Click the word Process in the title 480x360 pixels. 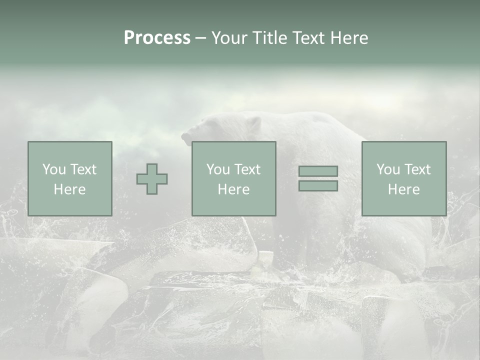(x=157, y=38)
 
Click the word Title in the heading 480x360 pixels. (x=269, y=38)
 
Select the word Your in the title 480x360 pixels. (x=229, y=38)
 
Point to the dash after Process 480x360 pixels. (x=201, y=38)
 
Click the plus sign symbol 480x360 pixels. (x=152, y=179)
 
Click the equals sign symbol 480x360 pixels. (x=318, y=178)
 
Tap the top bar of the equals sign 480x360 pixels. (x=318, y=171)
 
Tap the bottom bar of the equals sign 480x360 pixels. (x=318, y=185)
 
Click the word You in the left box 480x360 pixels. (x=53, y=169)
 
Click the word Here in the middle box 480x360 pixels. (x=234, y=189)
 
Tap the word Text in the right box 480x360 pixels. (x=418, y=169)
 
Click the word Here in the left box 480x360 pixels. (x=70, y=189)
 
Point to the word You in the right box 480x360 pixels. (x=388, y=169)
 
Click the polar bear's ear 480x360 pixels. (x=253, y=123)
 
